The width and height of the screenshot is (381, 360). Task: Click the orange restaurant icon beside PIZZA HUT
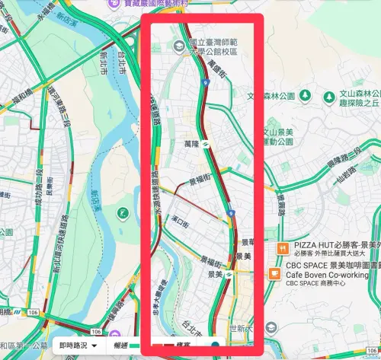point(282,247)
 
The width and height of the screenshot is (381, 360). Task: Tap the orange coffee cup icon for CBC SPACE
point(276,266)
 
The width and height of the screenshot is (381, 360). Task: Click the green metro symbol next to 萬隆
point(207,143)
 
